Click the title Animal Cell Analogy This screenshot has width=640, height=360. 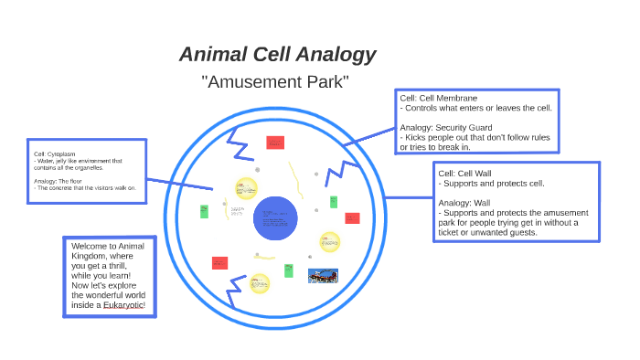click(277, 54)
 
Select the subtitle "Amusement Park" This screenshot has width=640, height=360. click(275, 82)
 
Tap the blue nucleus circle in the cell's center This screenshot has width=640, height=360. click(276, 219)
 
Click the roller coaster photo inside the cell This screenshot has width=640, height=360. click(323, 275)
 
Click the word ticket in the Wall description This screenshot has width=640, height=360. click(453, 232)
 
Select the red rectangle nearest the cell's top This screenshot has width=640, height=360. click(274, 143)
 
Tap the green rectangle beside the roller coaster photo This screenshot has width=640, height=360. click(289, 270)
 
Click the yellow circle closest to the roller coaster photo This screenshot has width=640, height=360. click(329, 242)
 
